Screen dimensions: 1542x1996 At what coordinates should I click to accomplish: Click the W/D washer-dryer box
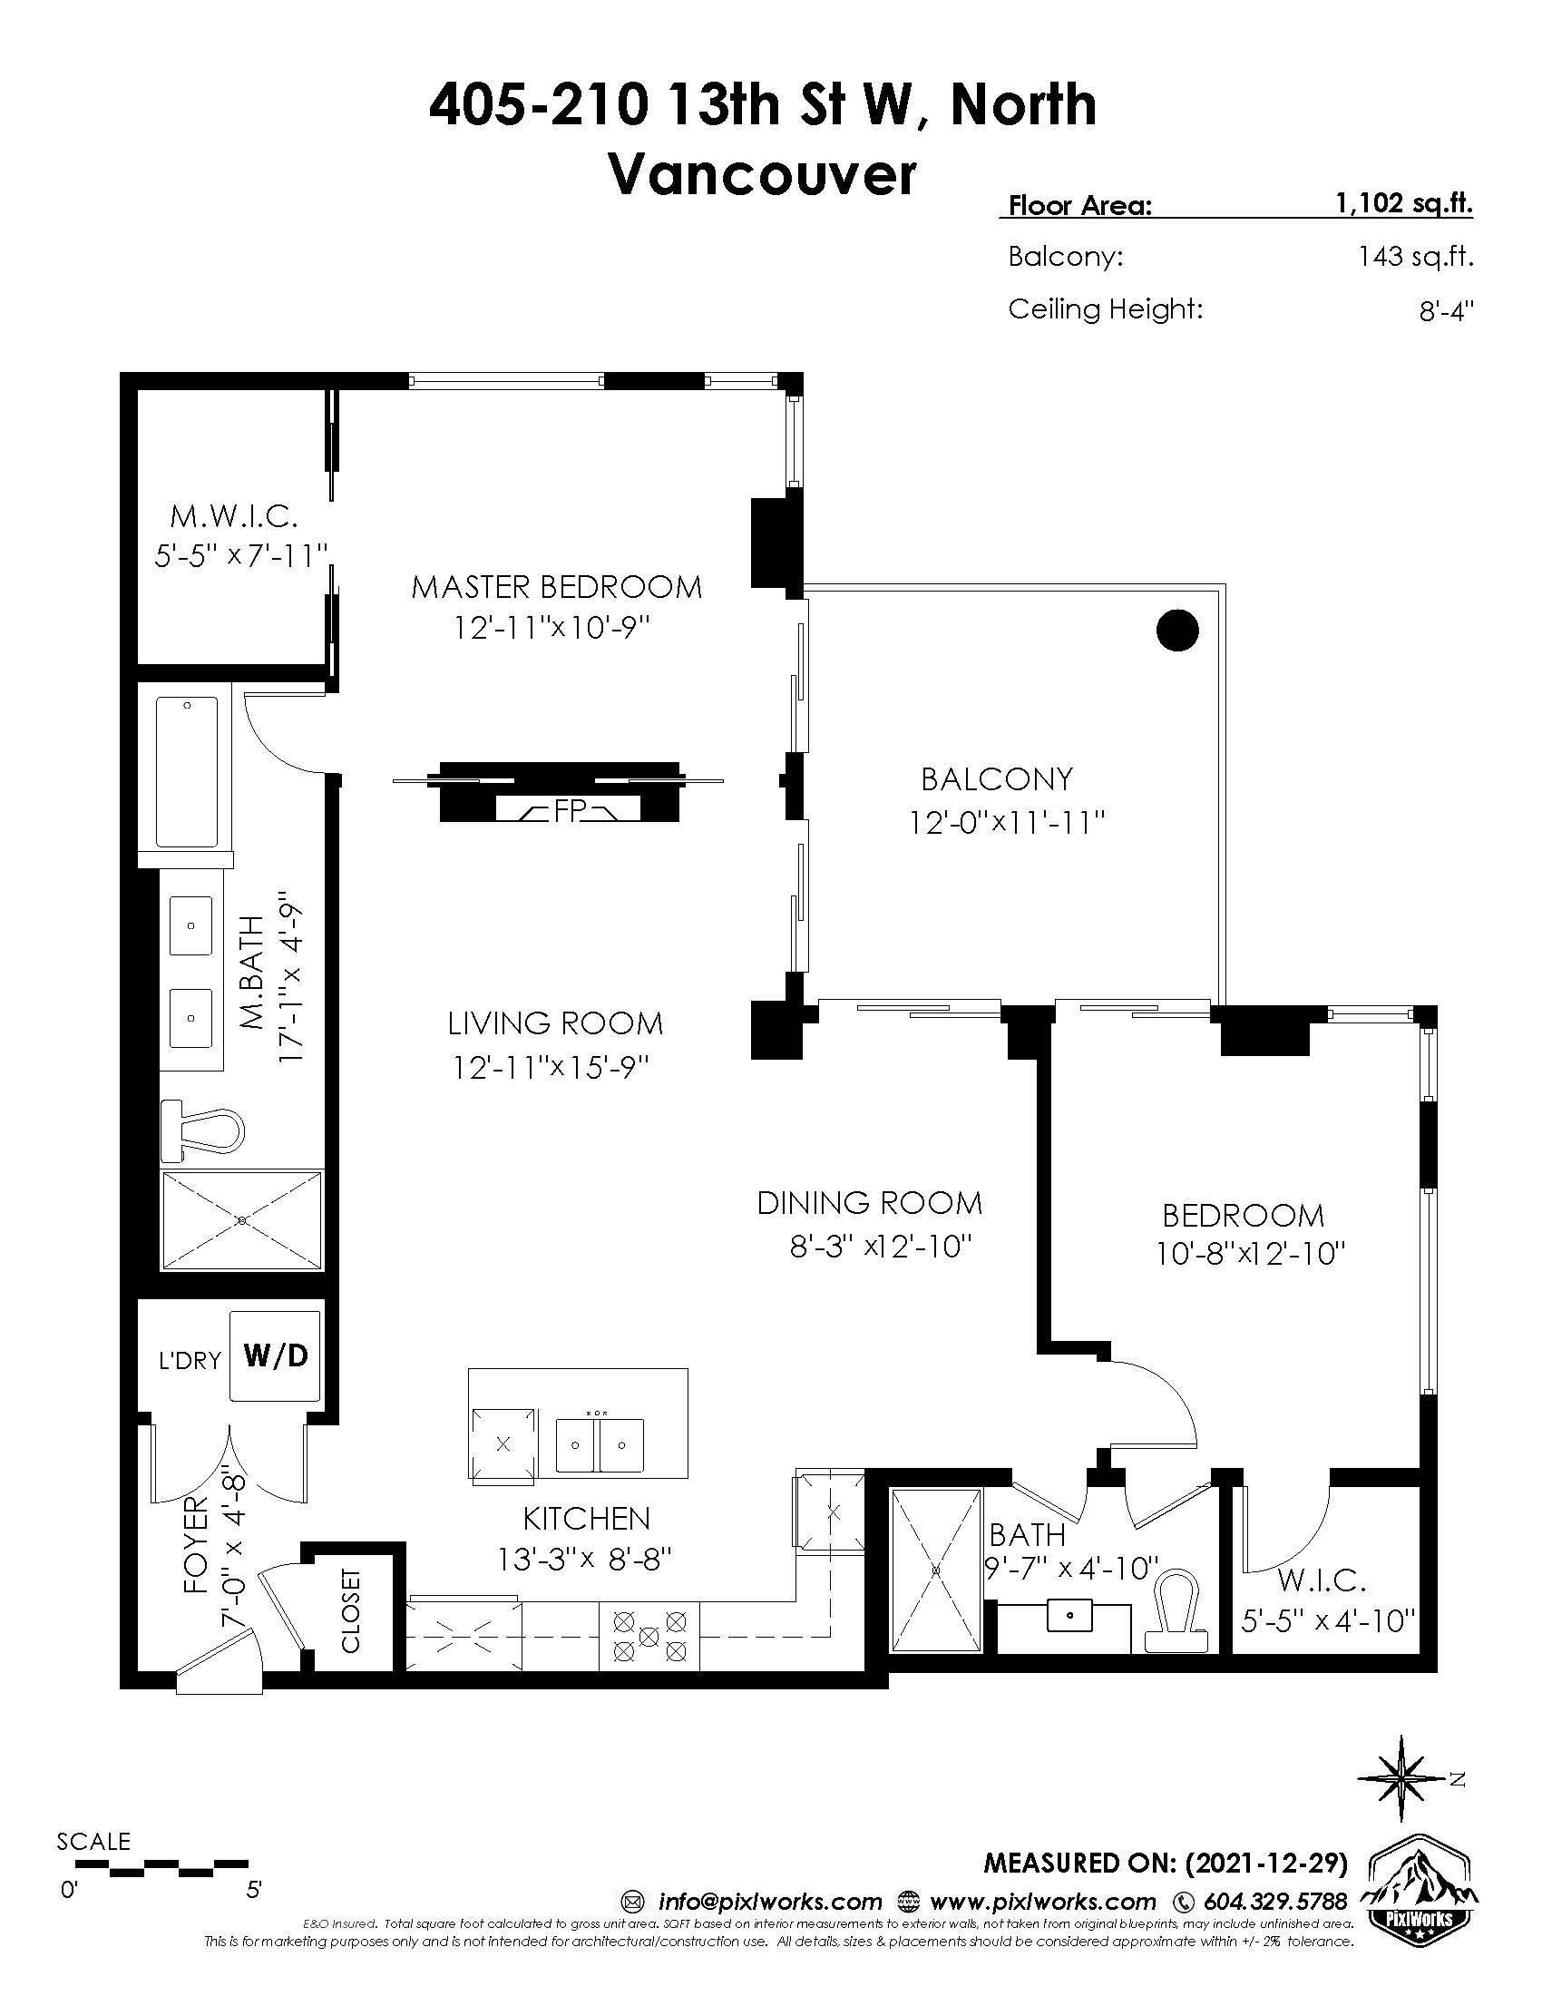tap(275, 1355)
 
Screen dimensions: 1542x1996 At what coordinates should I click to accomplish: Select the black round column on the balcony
tap(1176, 630)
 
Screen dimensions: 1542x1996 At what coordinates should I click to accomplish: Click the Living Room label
tap(554, 1022)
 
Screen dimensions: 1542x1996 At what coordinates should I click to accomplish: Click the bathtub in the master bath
tap(187, 772)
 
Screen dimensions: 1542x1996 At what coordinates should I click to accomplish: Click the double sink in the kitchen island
tap(600, 1444)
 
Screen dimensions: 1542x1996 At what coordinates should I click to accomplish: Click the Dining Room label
tap(869, 1203)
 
